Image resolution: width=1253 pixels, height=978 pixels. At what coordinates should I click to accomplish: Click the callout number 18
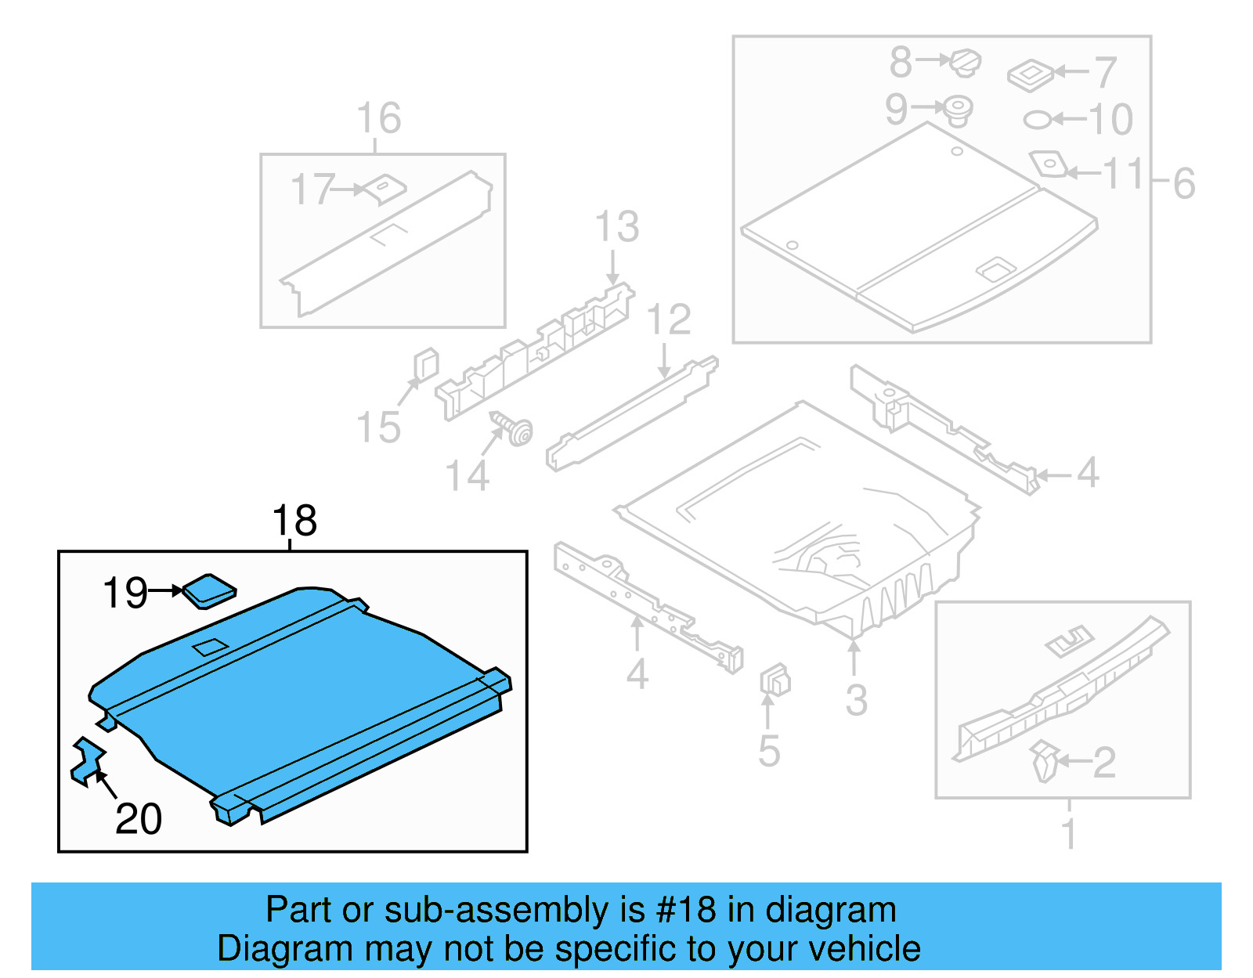coord(294,521)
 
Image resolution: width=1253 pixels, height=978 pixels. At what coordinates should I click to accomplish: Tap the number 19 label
coord(125,593)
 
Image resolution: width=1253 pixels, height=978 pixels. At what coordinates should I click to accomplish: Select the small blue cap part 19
coord(209,591)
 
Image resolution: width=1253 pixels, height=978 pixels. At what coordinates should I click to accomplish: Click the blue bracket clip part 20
coord(87,760)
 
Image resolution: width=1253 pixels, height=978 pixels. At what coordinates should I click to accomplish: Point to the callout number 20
coord(139,819)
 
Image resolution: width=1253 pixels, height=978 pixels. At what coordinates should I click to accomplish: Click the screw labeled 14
coord(514,429)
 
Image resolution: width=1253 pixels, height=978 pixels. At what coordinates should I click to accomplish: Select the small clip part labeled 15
coord(425,365)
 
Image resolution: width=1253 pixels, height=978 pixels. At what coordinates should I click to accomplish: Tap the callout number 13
coord(617,227)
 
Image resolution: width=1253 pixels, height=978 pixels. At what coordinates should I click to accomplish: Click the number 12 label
coord(669,319)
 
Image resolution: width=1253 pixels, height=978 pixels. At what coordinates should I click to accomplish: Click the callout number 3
coord(856,699)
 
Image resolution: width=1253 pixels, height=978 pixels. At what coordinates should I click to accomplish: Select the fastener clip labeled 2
coord(1045,761)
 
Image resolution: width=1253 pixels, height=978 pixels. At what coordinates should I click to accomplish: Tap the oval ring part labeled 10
coord(1038,120)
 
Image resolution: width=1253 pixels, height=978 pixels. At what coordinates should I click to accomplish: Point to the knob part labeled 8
coord(966,61)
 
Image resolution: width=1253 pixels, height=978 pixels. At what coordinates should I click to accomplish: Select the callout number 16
coord(379,118)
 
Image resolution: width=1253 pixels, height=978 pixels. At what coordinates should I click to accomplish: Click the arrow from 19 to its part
coord(165,591)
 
